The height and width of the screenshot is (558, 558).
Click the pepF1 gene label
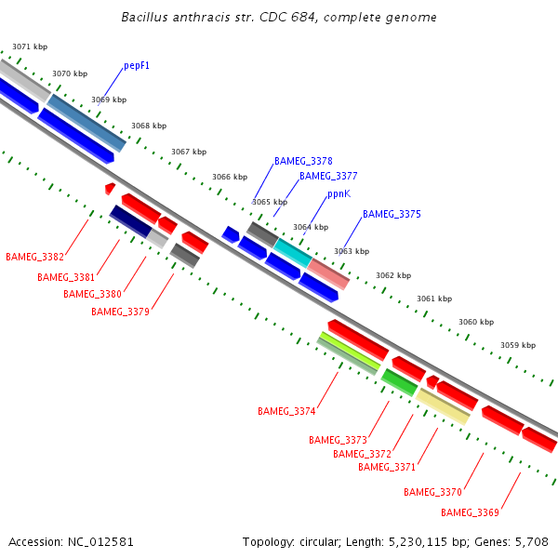pos(137,66)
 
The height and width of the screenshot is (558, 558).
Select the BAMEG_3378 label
pos(303,161)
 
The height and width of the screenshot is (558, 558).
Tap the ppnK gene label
pos(339,194)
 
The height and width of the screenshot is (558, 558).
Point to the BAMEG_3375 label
pos(392,214)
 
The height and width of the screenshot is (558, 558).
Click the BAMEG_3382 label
pos(34,257)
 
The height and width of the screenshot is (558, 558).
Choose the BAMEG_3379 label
pos(120,312)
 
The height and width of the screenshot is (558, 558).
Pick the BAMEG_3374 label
pos(286,411)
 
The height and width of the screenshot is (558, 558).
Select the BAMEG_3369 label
pos(470,512)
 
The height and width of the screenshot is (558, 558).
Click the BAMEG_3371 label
pos(387,467)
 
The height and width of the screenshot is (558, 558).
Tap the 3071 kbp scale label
pos(30,46)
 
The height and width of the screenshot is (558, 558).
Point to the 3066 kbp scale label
pos(230,177)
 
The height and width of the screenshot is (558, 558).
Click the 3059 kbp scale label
pos(518,345)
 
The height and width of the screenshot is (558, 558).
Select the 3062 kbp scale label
pos(392,275)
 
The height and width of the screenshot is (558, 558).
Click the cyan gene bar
pos(293,252)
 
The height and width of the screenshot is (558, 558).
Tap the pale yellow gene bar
pos(443,406)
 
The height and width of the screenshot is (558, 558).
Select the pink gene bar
pos(328,273)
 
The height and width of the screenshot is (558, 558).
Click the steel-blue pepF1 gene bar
pos(86,122)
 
